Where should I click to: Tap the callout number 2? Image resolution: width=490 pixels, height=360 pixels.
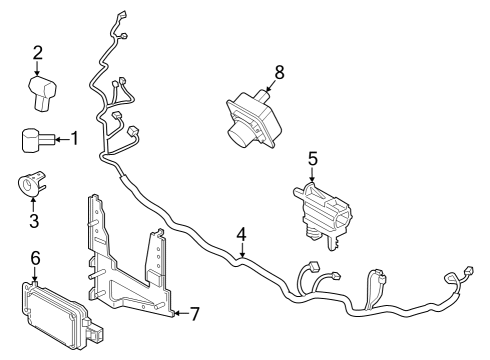pyautogui.click(x=37, y=53)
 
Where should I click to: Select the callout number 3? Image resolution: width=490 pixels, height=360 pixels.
pyautogui.click(x=33, y=221)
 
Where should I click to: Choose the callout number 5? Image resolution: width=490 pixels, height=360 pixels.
pyautogui.click(x=312, y=158)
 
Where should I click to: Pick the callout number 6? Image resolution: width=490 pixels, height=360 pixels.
pyautogui.click(x=35, y=258)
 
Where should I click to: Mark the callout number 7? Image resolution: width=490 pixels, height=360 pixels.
pyautogui.click(x=194, y=314)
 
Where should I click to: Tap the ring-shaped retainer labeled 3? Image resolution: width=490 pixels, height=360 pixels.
pyautogui.click(x=30, y=186)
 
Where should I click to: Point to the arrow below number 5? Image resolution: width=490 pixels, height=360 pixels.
pyautogui.click(x=312, y=175)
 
